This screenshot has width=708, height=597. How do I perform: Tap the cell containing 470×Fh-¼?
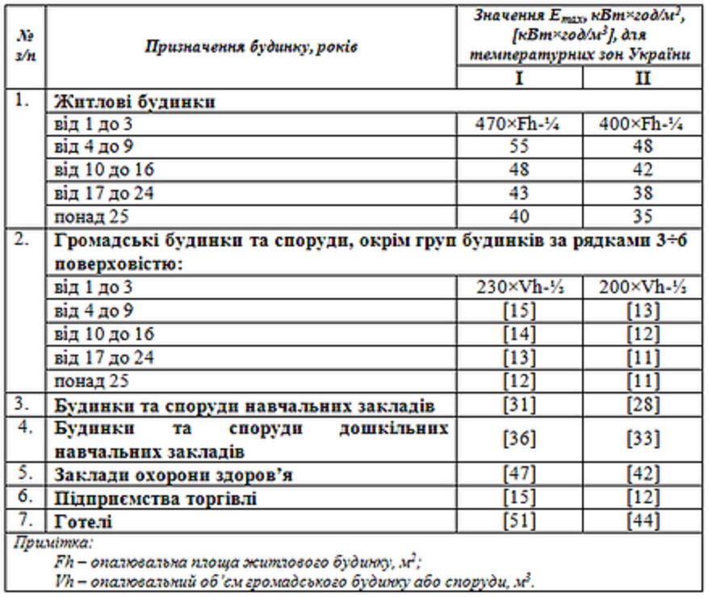[524, 127]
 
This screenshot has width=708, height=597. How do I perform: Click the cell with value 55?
[524, 148]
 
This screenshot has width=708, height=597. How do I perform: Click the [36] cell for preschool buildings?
[524, 444]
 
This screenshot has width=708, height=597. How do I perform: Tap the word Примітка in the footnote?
[36, 544]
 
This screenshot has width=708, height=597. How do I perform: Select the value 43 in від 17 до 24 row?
[524, 193]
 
